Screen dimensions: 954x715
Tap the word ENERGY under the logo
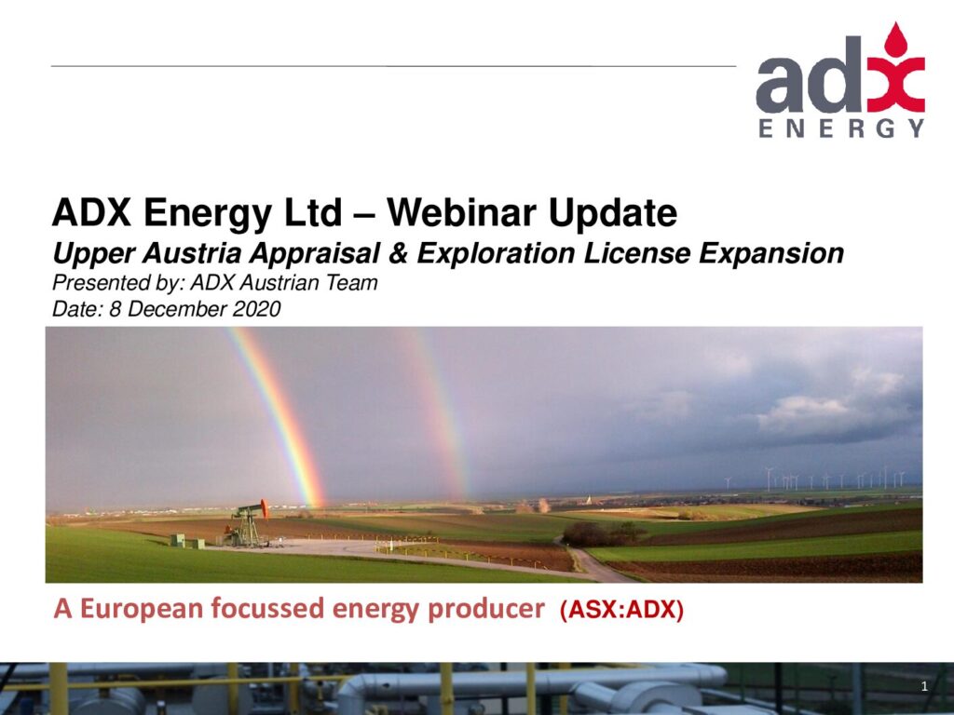(x=842, y=128)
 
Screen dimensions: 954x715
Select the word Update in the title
(x=612, y=214)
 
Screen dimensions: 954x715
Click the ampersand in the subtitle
(x=398, y=253)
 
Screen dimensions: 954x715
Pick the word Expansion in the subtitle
(x=770, y=254)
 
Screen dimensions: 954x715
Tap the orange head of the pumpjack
(x=264, y=508)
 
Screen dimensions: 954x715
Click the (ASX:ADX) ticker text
(x=621, y=610)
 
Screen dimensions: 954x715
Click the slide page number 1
(x=924, y=687)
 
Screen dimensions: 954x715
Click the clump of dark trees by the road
(x=604, y=534)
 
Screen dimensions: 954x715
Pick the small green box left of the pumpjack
(x=178, y=539)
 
